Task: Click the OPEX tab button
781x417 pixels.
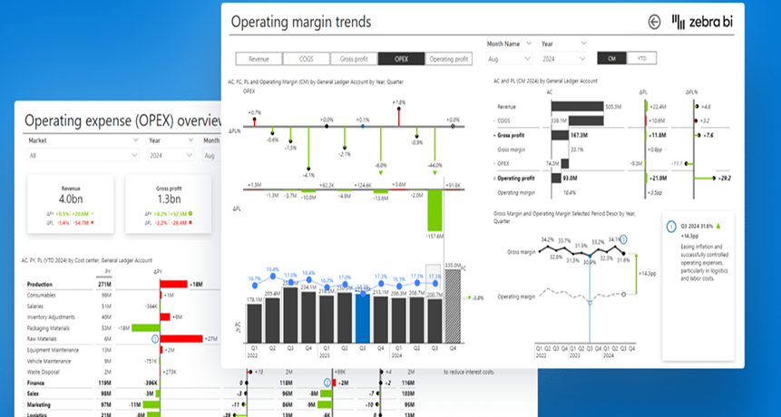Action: click(401, 59)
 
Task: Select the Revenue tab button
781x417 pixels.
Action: click(259, 59)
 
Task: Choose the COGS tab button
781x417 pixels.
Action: click(306, 59)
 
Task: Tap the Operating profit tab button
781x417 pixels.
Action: click(449, 59)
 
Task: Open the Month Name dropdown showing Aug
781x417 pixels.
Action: click(510, 58)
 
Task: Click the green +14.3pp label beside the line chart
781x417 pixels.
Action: click(648, 271)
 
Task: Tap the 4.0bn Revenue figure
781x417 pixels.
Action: click(70, 199)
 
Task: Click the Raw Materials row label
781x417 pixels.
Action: click(44, 337)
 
